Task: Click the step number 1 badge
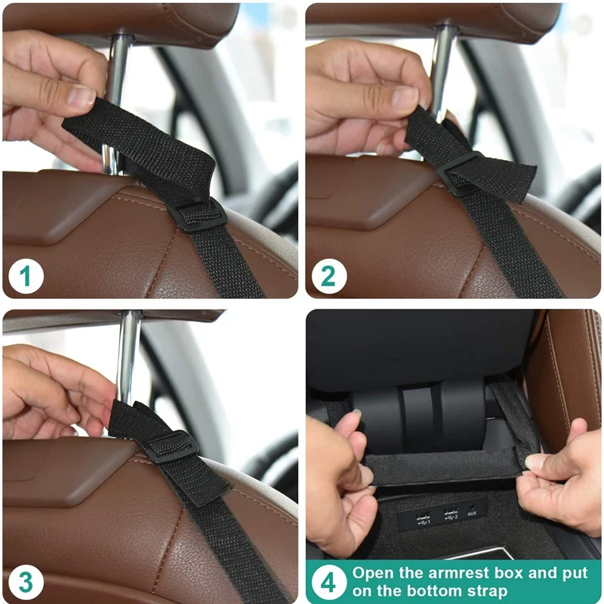(26, 276)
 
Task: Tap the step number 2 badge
(328, 276)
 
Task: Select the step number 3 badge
(26, 582)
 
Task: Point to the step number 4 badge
(328, 582)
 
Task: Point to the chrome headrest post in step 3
(129, 355)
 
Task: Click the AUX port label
(472, 514)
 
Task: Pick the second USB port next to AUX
(450, 516)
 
